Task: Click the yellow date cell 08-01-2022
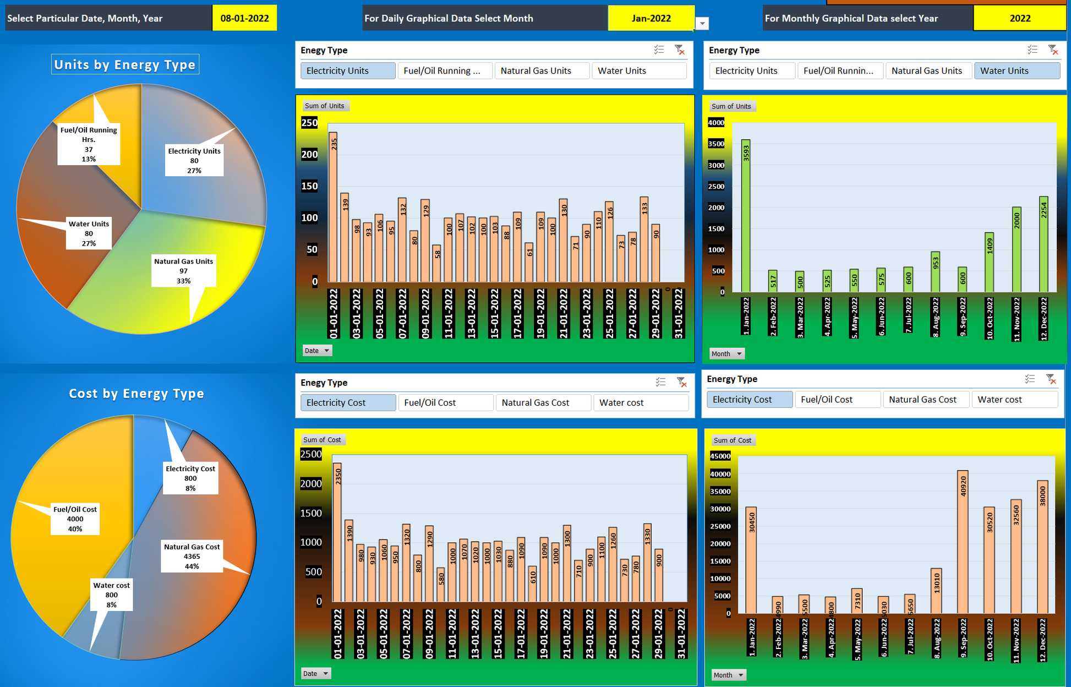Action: [244, 18]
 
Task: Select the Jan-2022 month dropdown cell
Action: [651, 18]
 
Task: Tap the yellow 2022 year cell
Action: [1019, 18]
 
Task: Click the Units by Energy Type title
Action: [125, 64]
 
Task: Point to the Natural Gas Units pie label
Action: [183, 271]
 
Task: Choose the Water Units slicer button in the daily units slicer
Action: [638, 70]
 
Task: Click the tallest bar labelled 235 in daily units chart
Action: [333, 206]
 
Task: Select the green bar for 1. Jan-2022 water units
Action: [746, 215]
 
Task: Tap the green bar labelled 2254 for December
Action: [1043, 244]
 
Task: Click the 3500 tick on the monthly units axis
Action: [716, 144]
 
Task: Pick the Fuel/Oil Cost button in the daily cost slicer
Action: [445, 402]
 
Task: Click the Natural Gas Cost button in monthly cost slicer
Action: [925, 399]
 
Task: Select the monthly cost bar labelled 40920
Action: [963, 542]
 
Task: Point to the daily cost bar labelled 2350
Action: [337, 532]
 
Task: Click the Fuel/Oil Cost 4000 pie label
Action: [75, 519]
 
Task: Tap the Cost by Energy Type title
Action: [136, 393]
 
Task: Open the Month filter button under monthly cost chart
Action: [728, 675]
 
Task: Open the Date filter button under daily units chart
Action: [317, 351]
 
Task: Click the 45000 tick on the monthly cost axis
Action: [720, 456]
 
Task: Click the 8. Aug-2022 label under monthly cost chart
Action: [936, 639]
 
